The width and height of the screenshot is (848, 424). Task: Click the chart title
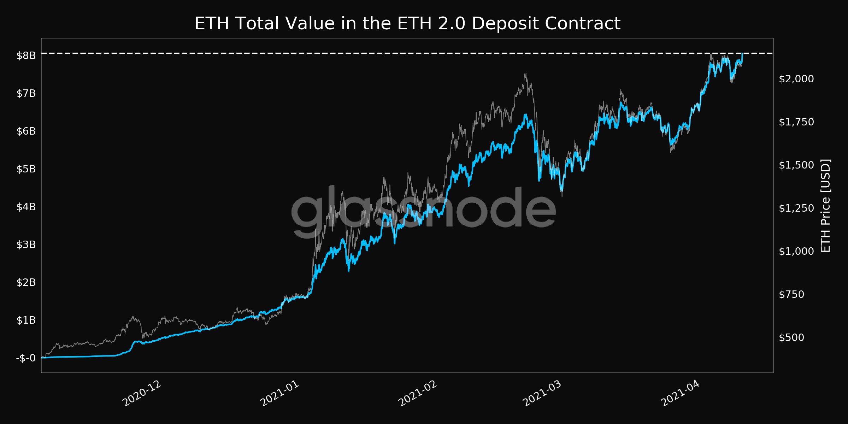(407, 24)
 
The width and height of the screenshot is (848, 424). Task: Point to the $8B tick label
(26, 55)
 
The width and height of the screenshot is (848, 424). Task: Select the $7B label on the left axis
(26, 93)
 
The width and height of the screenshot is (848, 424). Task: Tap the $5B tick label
(26, 169)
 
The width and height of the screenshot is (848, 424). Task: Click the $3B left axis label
(26, 245)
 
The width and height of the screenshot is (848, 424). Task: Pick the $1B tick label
(26, 320)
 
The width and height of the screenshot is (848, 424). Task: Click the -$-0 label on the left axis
(26, 358)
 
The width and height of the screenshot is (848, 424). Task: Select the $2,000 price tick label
(796, 79)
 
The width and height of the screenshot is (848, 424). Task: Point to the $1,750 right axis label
(796, 122)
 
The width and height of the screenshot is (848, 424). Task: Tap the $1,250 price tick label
(796, 208)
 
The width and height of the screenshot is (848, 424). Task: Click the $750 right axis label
(791, 294)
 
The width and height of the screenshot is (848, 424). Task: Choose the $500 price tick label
(791, 337)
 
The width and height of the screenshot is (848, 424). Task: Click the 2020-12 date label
(142, 394)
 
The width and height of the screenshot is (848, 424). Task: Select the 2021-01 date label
(279, 394)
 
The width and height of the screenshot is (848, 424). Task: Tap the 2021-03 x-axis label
(542, 394)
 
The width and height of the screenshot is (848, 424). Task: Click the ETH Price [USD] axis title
(825, 206)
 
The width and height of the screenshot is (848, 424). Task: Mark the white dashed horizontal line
(353, 53)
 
